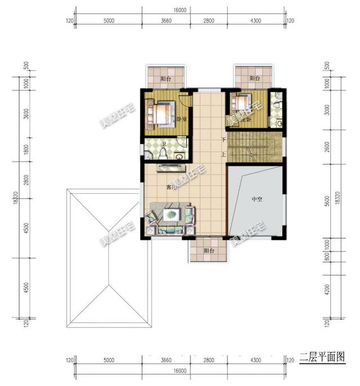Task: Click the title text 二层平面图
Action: click(321, 356)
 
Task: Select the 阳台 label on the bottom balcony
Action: click(209, 251)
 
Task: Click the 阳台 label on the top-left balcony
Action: click(165, 79)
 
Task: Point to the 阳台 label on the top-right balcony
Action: click(254, 79)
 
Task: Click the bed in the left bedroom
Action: click(163, 112)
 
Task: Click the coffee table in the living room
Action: click(172, 214)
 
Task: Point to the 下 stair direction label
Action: click(223, 139)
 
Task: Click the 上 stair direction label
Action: click(223, 154)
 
